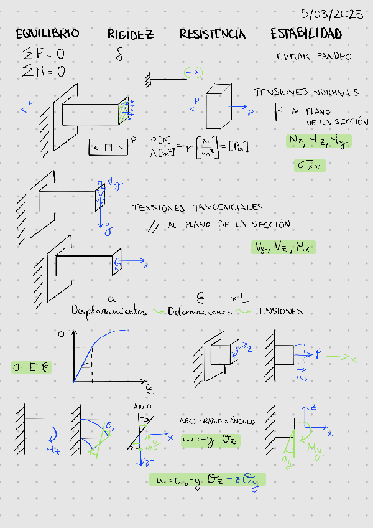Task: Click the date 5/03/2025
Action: [x=332, y=14]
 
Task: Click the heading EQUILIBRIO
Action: [x=47, y=34]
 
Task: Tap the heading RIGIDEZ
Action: [x=130, y=34]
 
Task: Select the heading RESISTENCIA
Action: [x=213, y=34]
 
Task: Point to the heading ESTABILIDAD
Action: [x=306, y=34]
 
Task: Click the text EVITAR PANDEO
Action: [x=314, y=57]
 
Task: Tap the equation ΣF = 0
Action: [x=43, y=54]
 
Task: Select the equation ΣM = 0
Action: [x=44, y=71]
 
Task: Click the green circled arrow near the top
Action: [x=194, y=73]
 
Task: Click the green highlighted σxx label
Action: [x=310, y=165]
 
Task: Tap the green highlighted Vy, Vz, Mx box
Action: [x=283, y=247]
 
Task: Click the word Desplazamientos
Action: [x=109, y=311]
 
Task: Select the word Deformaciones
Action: [x=199, y=311]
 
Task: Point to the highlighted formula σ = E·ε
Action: [x=31, y=367]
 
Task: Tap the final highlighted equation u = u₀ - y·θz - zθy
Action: [x=207, y=479]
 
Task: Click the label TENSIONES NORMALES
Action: [x=306, y=92]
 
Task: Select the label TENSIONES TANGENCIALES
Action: [x=197, y=207]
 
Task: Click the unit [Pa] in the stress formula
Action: [x=238, y=147]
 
